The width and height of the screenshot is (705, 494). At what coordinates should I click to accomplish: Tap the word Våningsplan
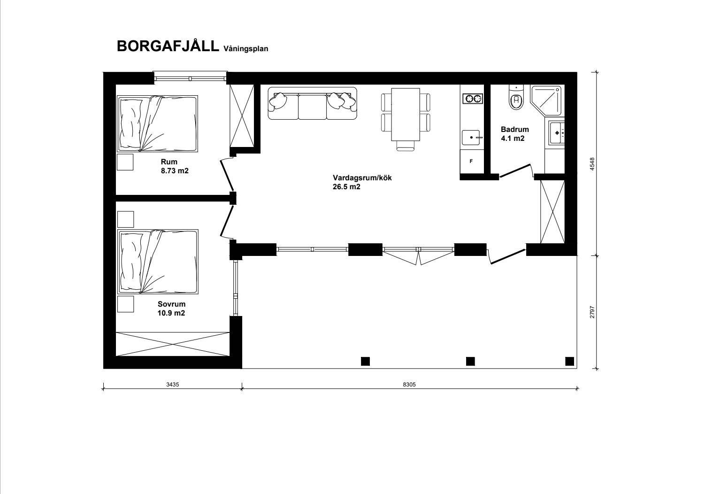click(246, 49)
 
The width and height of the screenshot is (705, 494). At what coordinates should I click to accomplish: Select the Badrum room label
click(514, 129)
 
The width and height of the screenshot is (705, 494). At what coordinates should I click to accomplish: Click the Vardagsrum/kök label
click(362, 178)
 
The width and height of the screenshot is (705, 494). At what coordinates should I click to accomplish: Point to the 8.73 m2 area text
click(175, 171)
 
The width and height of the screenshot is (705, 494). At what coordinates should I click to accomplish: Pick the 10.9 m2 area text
click(171, 313)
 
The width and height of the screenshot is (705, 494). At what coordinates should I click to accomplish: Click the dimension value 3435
click(172, 385)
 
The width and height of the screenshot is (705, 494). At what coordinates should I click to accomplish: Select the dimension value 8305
click(409, 385)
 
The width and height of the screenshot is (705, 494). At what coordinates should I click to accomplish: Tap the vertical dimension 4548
click(592, 164)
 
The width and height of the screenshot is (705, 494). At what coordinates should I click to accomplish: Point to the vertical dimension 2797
click(592, 312)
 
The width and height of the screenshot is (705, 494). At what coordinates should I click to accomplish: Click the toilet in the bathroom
click(516, 97)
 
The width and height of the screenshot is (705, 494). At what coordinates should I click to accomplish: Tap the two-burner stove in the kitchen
click(473, 99)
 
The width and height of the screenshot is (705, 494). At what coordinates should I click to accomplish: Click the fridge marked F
click(472, 162)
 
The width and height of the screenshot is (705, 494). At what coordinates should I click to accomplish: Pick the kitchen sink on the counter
click(472, 138)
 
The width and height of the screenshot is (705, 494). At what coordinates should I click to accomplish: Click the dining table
click(406, 114)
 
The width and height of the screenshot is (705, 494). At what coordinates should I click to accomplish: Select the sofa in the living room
click(312, 104)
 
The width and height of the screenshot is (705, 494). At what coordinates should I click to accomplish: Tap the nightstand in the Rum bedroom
click(125, 162)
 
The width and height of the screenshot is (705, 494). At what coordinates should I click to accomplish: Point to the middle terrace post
click(470, 361)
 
